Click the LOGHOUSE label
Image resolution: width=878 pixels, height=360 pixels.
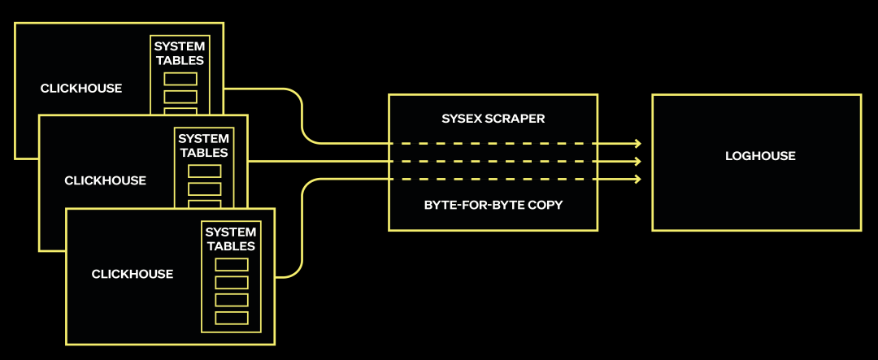click(x=760, y=156)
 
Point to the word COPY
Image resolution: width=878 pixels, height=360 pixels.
click(x=544, y=205)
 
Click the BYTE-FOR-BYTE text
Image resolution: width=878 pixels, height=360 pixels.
click(x=472, y=205)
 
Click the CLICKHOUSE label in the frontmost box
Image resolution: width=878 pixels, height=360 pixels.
click(x=133, y=275)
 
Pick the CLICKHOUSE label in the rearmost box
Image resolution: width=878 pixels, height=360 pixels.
click(x=81, y=89)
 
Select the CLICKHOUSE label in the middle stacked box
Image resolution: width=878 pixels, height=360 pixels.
click(x=106, y=180)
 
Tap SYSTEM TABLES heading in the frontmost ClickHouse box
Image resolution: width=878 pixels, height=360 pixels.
click(x=230, y=239)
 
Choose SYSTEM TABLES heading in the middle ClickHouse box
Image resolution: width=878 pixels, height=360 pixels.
click(x=203, y=145)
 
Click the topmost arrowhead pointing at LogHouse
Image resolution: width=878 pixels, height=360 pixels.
click(x=637, y=144)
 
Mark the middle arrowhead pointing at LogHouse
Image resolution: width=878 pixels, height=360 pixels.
click(x=637, y=162)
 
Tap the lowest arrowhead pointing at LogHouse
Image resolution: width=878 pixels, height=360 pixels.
click(x=637, y=180)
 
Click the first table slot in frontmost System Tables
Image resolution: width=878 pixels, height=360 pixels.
click(x=231, y=264)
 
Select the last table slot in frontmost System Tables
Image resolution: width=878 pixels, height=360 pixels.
click(x=231, y=317)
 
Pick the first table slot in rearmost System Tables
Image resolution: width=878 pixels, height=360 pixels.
click(x=180, y=79)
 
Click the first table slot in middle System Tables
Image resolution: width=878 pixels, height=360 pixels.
click(x=204, y=171)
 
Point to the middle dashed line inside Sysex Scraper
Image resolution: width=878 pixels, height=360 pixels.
click(x=493, y=162)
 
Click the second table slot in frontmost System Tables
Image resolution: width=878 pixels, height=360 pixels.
click(x=231, y=282)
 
